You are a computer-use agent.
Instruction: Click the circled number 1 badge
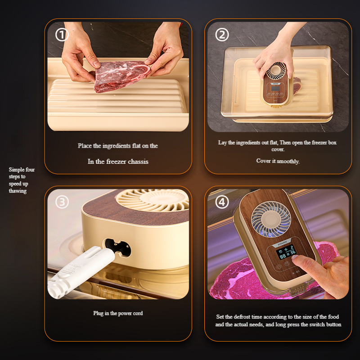(62, 35)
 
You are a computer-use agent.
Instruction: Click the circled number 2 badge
(222, 35)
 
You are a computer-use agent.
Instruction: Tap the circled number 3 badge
(62, 202)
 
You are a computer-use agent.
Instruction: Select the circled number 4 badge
(222, 202)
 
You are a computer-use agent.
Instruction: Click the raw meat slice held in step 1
(121, 76)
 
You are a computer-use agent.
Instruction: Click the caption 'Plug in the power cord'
(118, 313)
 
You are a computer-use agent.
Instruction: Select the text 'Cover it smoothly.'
(278, 161)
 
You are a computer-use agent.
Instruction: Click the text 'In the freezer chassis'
(118, 162)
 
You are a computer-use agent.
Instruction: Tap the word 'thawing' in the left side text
(18, 191)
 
